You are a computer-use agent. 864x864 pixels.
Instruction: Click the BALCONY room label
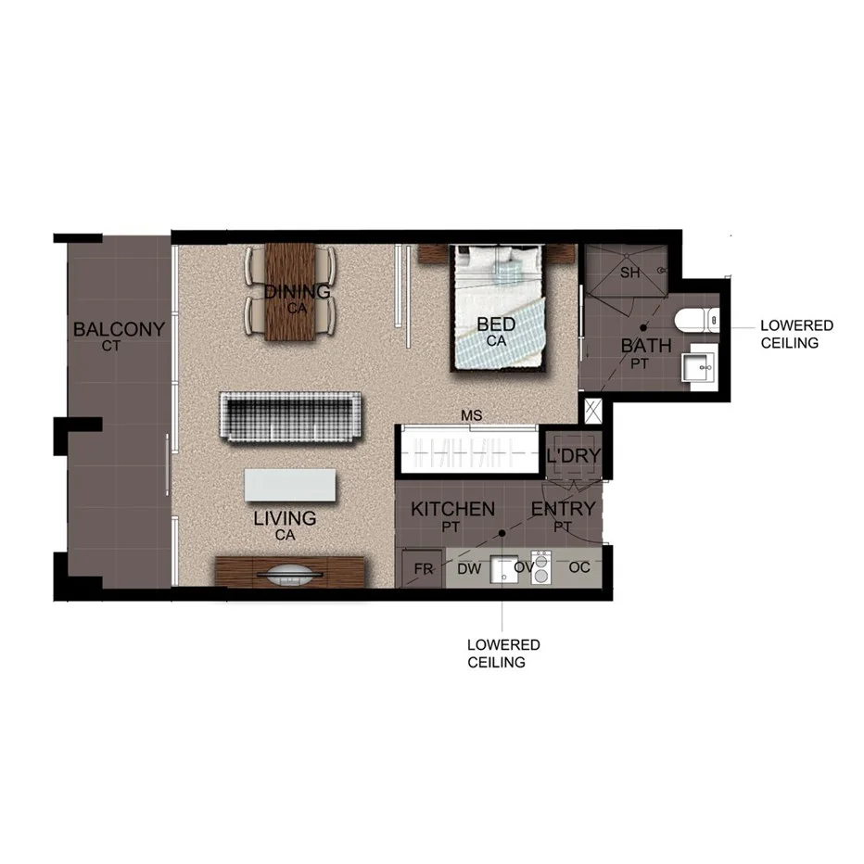click(x=119, y=329)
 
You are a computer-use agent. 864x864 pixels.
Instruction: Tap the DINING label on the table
click(x=298, y=292)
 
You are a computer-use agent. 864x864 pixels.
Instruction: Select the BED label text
click(x=496, y=325)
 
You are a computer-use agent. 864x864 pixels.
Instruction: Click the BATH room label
click(x=646, y=347)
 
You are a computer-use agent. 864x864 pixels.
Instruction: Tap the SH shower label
click(x=630, y=273)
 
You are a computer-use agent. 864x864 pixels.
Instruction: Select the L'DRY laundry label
click(x=573, y=456)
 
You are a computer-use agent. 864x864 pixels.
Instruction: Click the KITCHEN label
click(x=452, y=509)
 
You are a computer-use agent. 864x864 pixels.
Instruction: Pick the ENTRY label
click(x=563, y=509)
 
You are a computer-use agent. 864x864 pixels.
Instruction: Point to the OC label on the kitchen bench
click(x=579, y=567)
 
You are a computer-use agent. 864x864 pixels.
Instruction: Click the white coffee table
click(x=291, y=484)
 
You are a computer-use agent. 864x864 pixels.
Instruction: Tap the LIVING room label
click(x=285, y=519)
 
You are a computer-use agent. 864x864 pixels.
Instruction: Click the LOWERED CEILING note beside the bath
click(x=795, y=335)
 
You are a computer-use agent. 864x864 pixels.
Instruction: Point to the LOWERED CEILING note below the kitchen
click(x=503, y=653)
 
